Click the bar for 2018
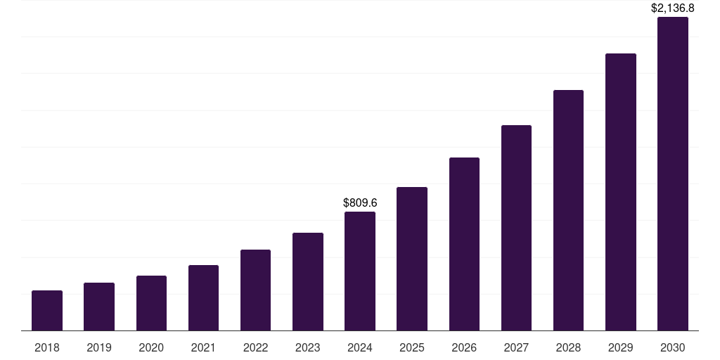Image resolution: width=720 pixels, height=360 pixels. coord(47,310)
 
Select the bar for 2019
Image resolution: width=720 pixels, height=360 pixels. coord(99,307)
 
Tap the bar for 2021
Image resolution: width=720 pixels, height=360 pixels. coord(203,297)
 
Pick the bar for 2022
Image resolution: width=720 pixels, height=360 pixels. coord(255,290)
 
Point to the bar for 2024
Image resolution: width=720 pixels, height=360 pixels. coord(360,271)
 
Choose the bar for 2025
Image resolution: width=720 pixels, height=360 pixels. coord(412,259)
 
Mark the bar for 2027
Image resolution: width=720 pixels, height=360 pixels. coord(516,228)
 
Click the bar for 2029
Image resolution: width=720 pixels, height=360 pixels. coord(621,192)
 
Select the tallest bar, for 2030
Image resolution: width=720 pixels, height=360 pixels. coord(673,174)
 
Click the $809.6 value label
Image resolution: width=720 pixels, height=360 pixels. coord(360,202)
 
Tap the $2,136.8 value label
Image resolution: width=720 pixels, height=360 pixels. coord(673,8)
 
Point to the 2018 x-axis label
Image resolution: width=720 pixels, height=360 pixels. coord(47,347)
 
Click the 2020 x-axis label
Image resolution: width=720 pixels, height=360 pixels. coord(151,347)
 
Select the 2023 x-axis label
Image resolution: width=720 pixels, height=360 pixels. coord(308,347)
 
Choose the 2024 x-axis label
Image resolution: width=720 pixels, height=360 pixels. coord(360,347)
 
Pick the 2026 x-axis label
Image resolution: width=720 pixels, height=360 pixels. coord(464,347)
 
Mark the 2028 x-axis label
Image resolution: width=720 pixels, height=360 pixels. coord(568,347)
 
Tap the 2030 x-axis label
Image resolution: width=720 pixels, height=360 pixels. coord(673,347)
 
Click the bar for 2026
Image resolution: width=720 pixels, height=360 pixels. coord(464,244)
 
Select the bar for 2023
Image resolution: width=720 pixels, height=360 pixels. coord(308,281)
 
